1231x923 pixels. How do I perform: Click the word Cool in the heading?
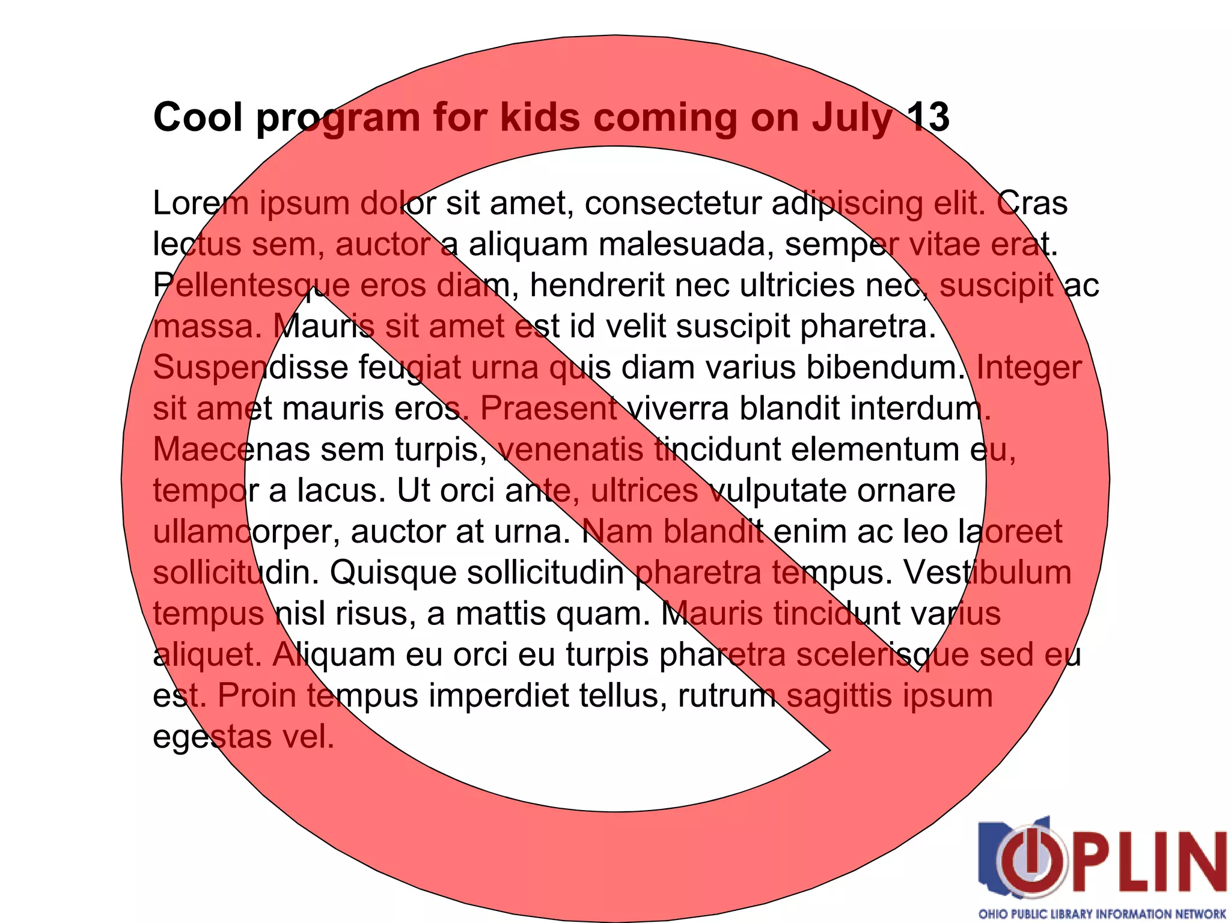(x=198, y=117)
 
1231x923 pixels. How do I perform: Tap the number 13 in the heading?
(x=927, y=117)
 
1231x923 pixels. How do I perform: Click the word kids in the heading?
(x=540, y=117)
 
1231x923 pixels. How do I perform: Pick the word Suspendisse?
(x=251, y=368)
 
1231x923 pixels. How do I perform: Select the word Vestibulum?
(x=988, y=573)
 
